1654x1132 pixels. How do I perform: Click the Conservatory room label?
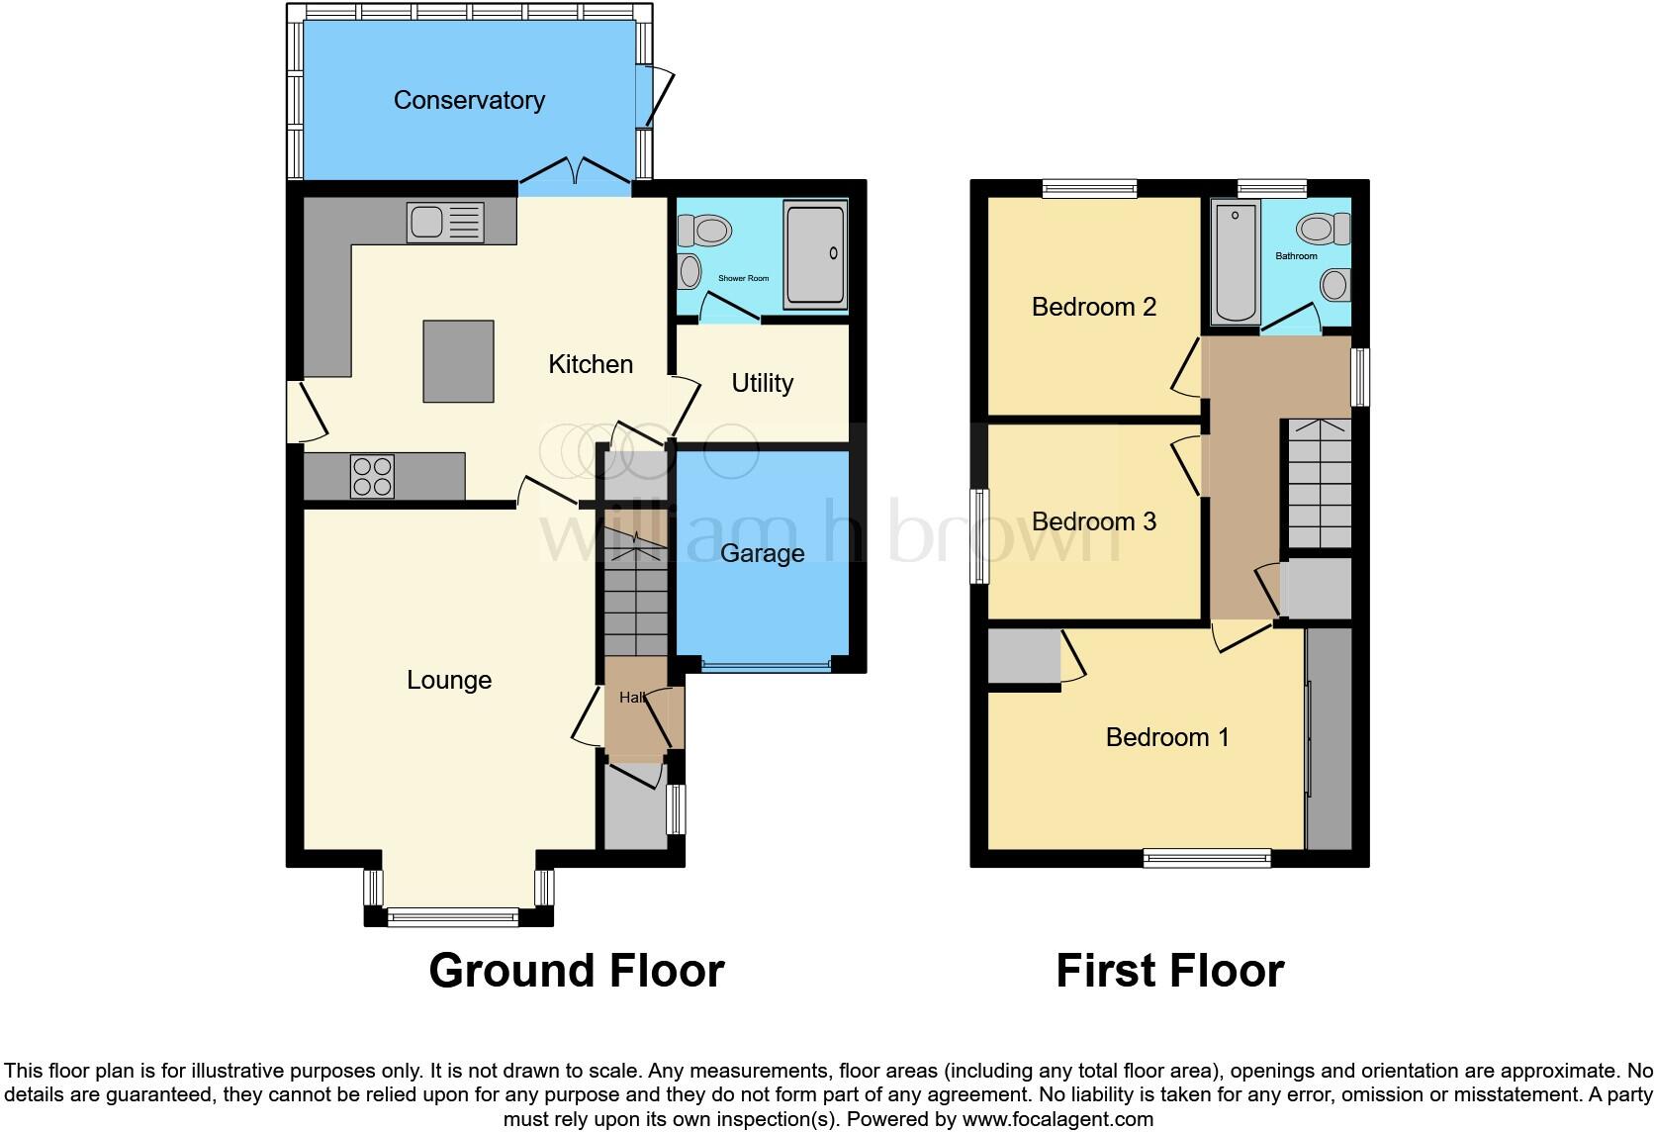469,100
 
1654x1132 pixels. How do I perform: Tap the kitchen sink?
444,223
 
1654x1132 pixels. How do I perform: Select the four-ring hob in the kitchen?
373,476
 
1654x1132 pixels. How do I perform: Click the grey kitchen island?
458,361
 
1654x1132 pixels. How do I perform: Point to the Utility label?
762,383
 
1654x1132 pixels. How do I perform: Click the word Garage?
762,553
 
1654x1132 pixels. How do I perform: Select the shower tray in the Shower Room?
815,254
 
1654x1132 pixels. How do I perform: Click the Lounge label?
449,680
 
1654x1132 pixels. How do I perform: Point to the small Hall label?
632,698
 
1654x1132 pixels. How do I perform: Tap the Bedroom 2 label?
1093,307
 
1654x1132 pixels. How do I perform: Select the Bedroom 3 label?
1093,521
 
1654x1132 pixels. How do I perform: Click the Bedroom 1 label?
1167,737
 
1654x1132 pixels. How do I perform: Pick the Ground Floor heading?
577,971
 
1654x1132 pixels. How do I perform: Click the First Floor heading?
1169,971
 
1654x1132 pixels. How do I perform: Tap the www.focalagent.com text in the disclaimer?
1057,1119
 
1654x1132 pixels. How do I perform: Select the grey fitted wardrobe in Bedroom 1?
1329,737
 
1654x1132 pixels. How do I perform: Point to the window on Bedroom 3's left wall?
979,535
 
